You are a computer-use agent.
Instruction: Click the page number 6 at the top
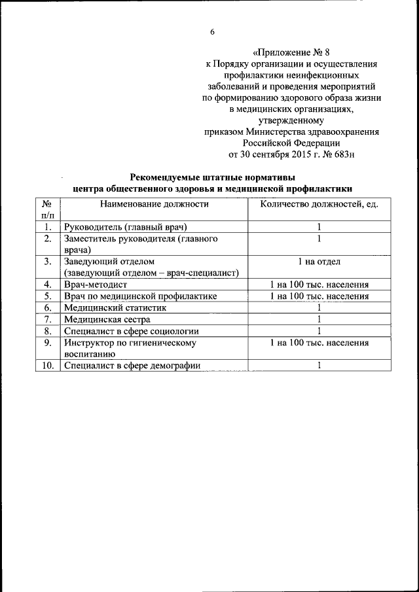pyautogui.click(x=212, y=32)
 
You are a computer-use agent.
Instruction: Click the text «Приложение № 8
pyautogui.click(x=291, y=52)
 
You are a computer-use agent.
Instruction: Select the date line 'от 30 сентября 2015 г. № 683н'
pyautogui.click(x=291, y=154)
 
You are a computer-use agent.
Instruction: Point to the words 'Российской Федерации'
pyautogui.click(x=291, y=143)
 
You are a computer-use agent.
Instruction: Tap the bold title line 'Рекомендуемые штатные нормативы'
pyautogui.click(x=212, y=177)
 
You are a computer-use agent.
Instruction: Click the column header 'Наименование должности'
pyautogui.click(x=155, y=204)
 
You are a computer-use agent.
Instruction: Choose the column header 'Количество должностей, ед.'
pyautogui.click(x=319, y=204)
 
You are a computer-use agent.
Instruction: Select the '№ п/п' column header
pyautogui.click(x=47, y=209)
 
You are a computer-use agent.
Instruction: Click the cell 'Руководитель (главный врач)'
pyautogui.click(x=126, y=227)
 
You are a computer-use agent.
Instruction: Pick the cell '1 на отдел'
pyautogui.click(x=319, y=262)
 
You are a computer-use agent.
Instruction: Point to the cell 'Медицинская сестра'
pyautogui.click(x=107, y=319)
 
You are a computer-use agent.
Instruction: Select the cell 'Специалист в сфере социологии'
pyautogui.click(x=131, y=331)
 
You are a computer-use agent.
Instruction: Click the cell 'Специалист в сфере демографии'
pyautogui.click(x=132, y=366)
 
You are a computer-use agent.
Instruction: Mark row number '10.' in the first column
pyautogui.click(x=47, y=366)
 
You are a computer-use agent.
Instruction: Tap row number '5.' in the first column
pyautogui.click(x=47, y=296)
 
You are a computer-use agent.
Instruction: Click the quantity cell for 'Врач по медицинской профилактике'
pyautogui.click(x=319, y=296)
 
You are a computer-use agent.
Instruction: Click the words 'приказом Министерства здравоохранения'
pyautogui.click(x=291, y=131)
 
